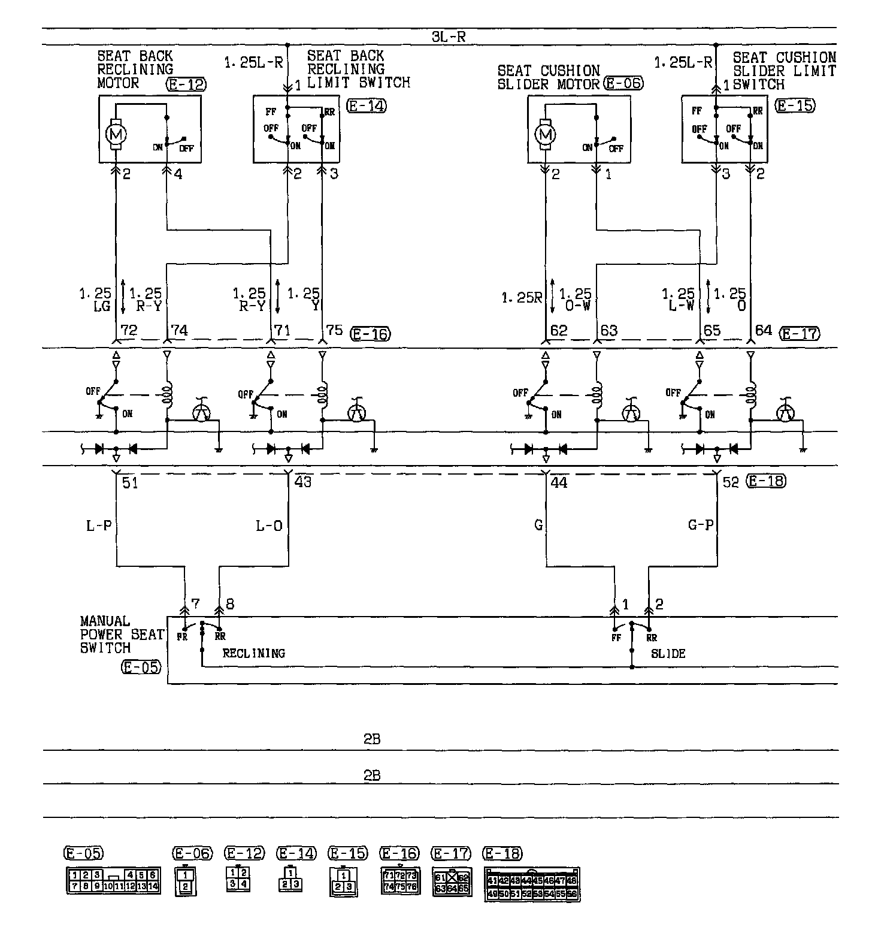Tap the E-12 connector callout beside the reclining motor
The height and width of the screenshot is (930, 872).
coord(185,84)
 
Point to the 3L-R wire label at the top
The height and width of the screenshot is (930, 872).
coord(448,37)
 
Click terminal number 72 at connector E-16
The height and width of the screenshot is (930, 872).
coord(129,331)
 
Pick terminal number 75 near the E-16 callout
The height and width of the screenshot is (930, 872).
coord(334,331)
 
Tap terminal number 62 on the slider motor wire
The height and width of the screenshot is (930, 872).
coord(559,331)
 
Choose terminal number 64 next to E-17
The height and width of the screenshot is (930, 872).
coord(763,331)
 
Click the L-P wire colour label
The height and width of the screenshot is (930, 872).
coord(99,526)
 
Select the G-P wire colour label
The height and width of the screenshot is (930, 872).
coord(700,526)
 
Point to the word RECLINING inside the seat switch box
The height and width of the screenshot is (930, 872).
coord(253,653)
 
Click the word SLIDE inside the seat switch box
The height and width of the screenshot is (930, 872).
coord(668,653)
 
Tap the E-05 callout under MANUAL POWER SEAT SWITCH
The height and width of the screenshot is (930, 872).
coord(141,666)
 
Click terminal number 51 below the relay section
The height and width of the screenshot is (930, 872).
coord(130,482)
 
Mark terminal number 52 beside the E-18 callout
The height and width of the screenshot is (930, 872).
coord(731,482)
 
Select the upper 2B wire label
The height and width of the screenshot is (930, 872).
coord(372,739)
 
